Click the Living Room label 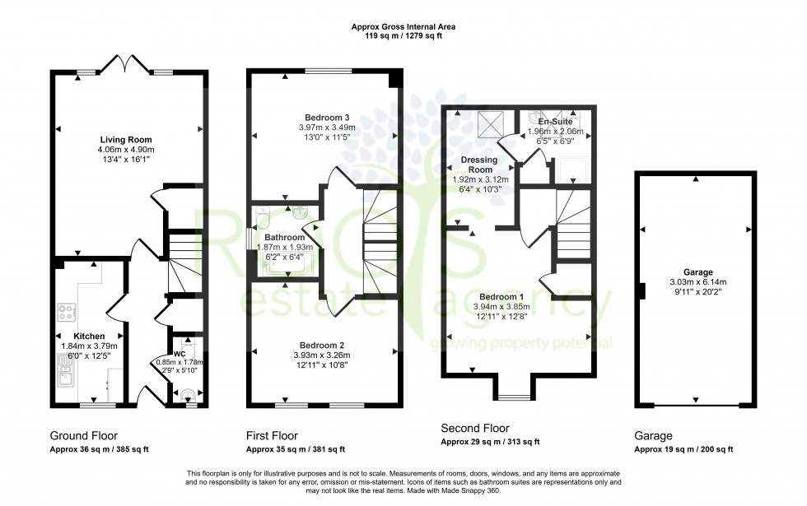coord(127,140)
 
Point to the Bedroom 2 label coord(322,345)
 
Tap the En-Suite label coord(556,122)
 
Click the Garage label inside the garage coord(697,272)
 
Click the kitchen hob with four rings coord(66,313)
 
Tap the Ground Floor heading coord(84,435)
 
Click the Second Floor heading coord(475,429)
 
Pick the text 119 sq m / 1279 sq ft coord(403,36)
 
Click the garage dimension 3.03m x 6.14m coord(697,282)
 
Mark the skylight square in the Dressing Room coord(490,124)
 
